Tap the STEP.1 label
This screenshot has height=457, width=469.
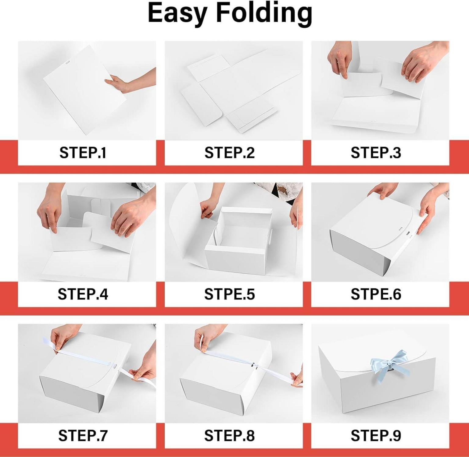[83, 153]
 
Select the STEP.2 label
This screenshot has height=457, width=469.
[230, 153]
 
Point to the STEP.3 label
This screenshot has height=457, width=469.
[376, 153]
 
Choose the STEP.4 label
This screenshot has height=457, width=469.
[83, 294]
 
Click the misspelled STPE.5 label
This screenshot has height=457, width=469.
[230, 294]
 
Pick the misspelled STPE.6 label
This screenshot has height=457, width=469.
[376, 294]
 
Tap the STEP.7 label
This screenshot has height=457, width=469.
[83, 435]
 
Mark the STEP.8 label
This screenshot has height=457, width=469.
[230, 435]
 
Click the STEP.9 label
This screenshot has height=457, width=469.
[376, 435]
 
